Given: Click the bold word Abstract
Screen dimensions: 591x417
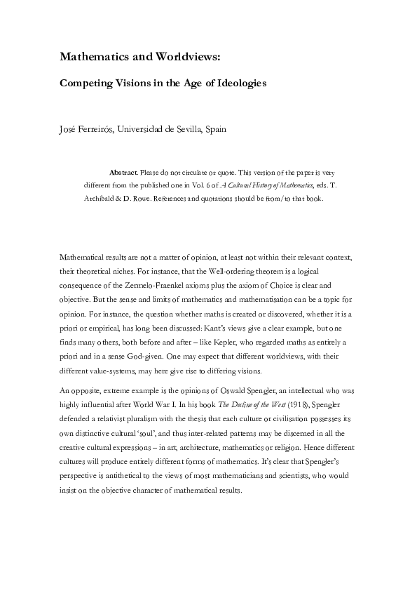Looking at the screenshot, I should click(x=123, y=171).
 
